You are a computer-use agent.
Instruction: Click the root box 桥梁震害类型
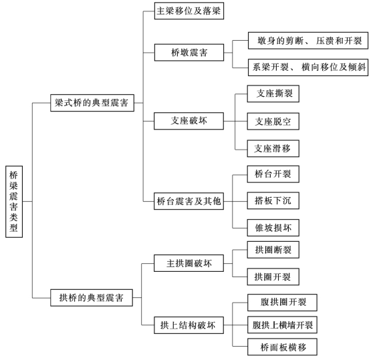pos(14,202)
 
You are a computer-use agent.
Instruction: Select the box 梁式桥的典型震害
pos(92,103)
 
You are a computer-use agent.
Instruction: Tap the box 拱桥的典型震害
pos(92,297)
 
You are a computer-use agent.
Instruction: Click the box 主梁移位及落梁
pos(189,11)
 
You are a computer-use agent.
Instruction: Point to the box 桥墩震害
pos(189,52)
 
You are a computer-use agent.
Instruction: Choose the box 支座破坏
pos(189,121)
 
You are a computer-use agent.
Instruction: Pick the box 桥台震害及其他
pos(189,201)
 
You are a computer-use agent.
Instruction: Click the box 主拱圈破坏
pos(189,263)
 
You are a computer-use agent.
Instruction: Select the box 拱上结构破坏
pos(189,325)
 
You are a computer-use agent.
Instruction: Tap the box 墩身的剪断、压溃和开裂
pos(308,41)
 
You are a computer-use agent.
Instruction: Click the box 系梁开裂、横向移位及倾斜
pos(308,67)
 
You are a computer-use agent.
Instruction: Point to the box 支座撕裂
pos(273,94)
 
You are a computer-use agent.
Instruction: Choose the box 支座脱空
pos(273,122)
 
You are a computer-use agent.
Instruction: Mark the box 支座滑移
pos(273,148)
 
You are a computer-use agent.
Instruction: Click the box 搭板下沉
pos(273,200)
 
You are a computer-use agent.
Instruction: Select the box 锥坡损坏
pos(273,228)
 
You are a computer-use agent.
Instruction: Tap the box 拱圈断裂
pos(273,250)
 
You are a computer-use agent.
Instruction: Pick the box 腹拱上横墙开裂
pos(282,325)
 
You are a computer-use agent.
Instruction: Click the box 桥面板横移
pos(282,347)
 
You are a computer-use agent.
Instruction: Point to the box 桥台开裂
pos(273,174)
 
